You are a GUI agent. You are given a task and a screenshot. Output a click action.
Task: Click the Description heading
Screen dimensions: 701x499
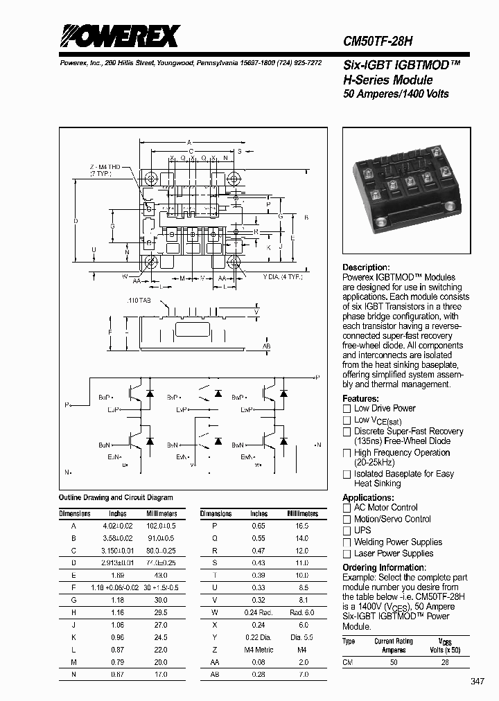366,267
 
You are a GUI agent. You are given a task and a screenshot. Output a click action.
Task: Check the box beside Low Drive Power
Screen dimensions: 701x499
347,409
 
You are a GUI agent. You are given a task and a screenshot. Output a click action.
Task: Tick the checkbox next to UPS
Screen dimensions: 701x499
347,531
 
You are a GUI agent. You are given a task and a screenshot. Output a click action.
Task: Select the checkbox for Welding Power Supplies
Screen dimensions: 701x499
347,542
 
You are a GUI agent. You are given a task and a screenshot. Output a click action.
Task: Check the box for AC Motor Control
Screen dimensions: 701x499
347,508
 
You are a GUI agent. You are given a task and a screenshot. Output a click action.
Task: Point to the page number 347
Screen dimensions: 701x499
478,682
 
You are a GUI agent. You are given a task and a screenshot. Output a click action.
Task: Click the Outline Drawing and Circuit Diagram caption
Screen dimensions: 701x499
116,497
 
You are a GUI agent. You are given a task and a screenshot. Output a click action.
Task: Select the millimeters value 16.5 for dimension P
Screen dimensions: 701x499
302,526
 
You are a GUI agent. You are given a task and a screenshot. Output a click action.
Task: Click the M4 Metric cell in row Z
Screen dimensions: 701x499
259,650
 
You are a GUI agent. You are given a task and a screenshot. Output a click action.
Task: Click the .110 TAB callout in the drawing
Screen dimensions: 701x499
139,301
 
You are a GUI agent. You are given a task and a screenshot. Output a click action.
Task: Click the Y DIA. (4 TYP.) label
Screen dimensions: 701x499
282,277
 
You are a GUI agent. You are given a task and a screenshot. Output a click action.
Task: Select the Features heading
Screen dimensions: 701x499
360,399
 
